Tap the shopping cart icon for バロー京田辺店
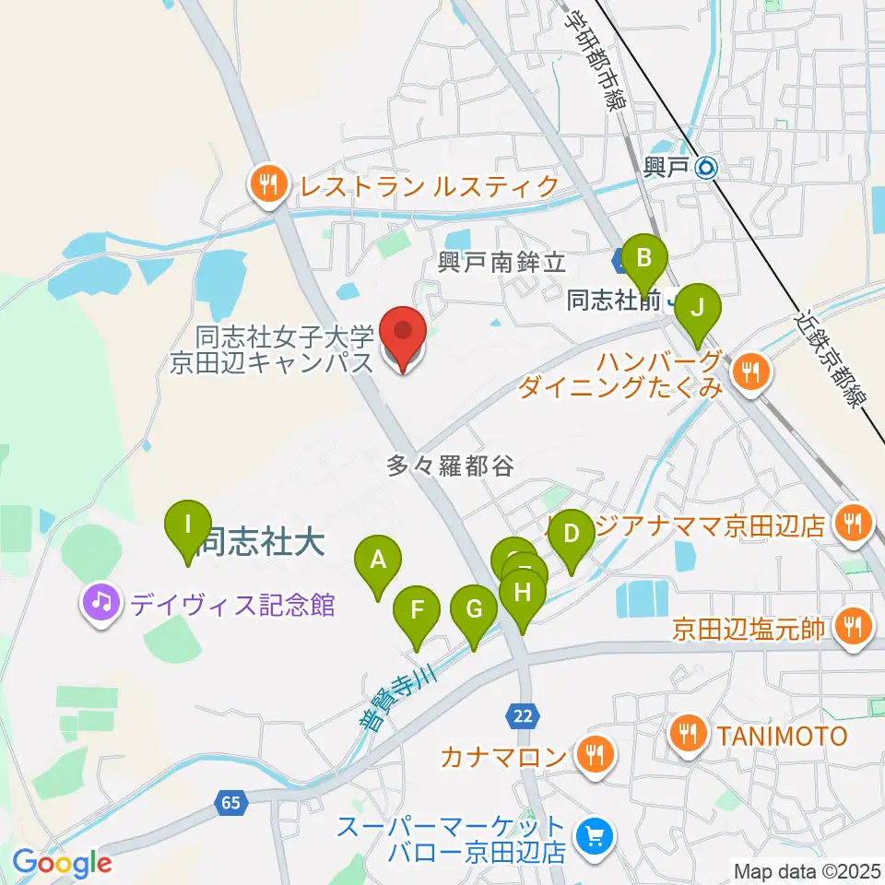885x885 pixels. point(591,837)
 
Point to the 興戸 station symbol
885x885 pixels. point(707,167)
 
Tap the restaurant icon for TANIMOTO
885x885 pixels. point(689,735)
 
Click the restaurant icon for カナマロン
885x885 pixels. point(591,757)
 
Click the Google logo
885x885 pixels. point(62,863)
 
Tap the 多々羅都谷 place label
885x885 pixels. point(450,467)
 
